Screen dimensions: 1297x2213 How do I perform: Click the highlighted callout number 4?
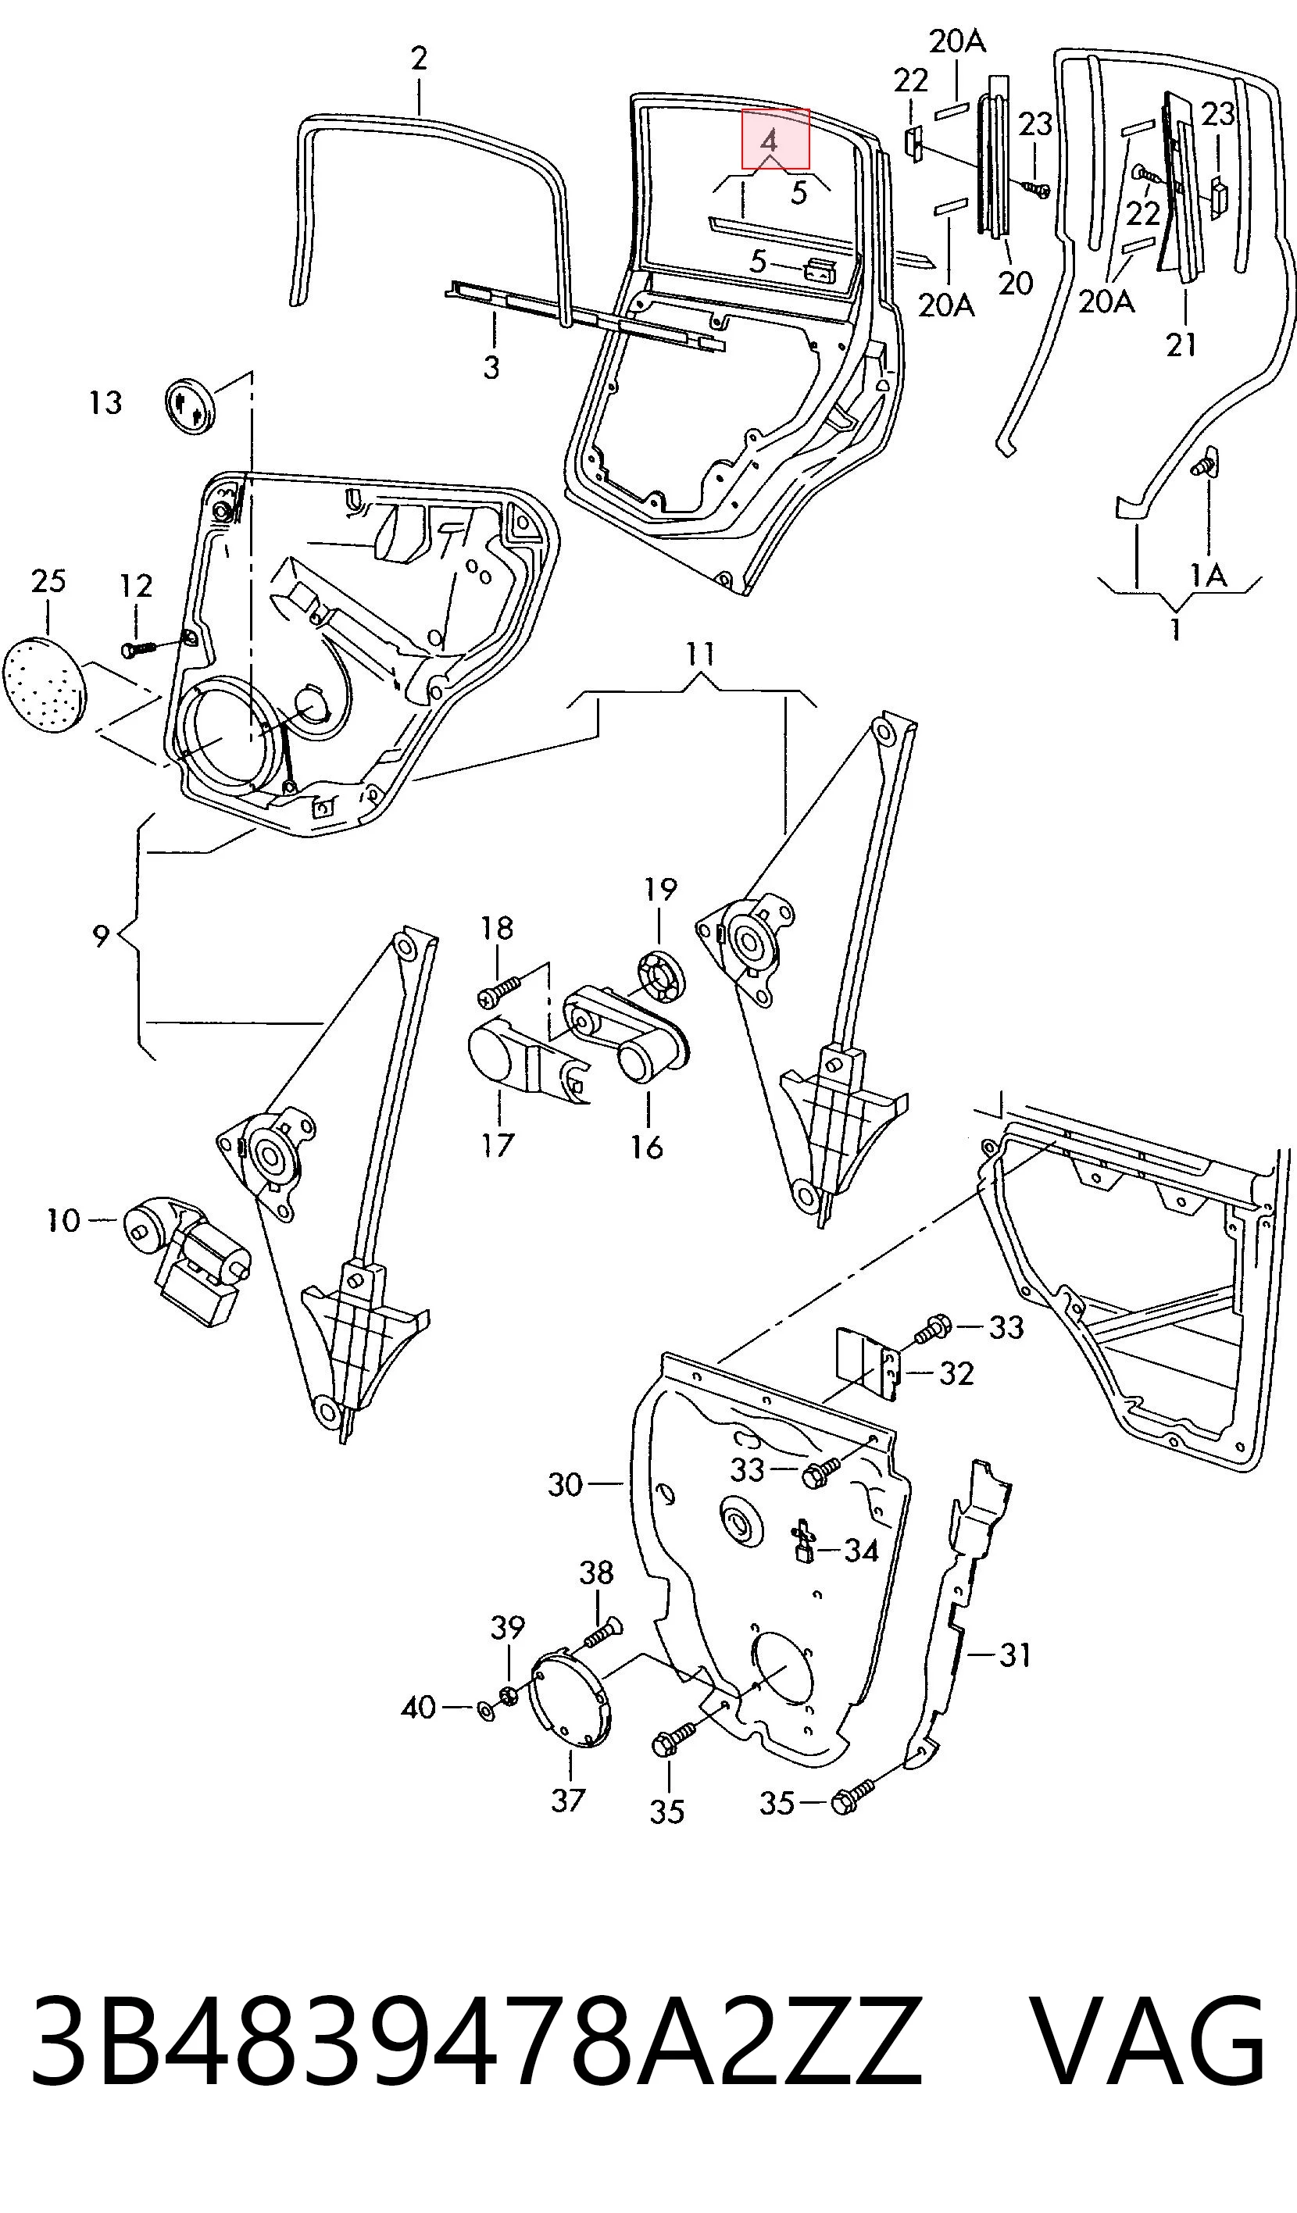point(770,141)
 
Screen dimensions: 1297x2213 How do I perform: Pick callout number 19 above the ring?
point(660,890)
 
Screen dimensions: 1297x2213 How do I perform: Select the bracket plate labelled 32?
point(867,1367)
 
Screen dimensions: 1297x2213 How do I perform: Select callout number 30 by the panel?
point(566,1485)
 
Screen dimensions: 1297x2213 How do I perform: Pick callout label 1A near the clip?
point(1207,576)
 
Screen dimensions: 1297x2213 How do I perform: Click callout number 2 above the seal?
point(419,59)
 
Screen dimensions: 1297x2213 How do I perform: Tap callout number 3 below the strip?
point(491,367)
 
